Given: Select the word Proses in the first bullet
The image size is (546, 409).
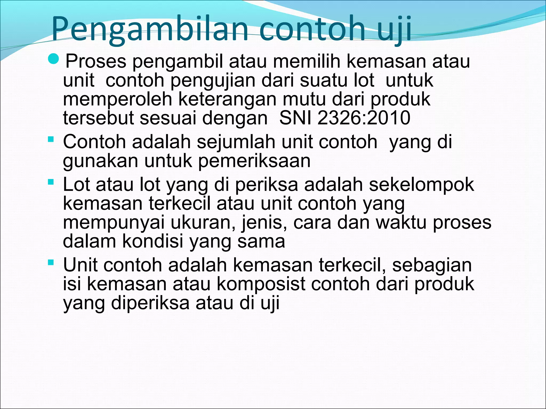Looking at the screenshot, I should (96, 61).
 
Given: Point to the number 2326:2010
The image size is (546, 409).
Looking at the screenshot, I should (364, 118).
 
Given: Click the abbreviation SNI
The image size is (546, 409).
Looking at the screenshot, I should (295, 118).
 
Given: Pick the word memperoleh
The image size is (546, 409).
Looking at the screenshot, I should (118, 99).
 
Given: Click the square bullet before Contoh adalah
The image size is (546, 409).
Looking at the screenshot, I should (51, 139).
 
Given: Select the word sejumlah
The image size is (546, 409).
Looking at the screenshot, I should (238, 142).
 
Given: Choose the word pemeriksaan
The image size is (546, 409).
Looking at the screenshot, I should (254, 161).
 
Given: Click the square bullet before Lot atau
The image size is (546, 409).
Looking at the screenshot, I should (51, 182).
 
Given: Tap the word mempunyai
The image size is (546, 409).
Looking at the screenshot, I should (114, 223).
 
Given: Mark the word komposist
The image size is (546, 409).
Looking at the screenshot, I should (261, 284).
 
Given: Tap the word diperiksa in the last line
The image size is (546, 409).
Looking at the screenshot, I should (150, 303).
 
